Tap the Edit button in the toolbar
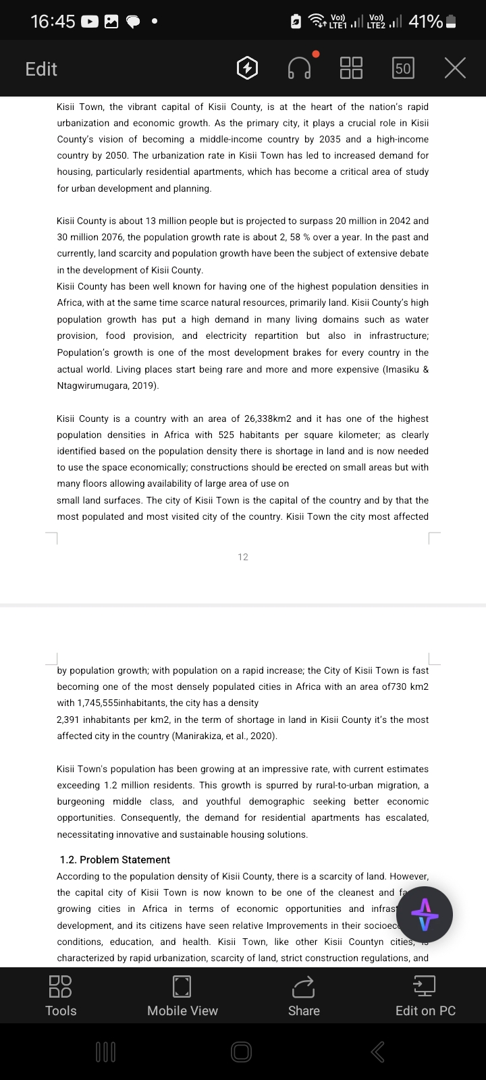tap(41, 69)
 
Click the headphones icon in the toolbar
tap(300, 67)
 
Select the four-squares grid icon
tap(351, 67)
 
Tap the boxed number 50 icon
tap(403, 68)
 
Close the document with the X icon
tap(456, 68)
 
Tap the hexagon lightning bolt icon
tap(248, 68)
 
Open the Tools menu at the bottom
tap(61, 996)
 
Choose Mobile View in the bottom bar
tap(182, 996)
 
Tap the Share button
tap(304, 996)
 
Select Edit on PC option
tap(425, 996)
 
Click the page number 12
tap(243, 557)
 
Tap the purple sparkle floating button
tap(425, 915)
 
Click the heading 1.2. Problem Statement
tap(115, 860)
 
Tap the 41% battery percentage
tap(425, 22)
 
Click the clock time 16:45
tap(53, 22)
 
